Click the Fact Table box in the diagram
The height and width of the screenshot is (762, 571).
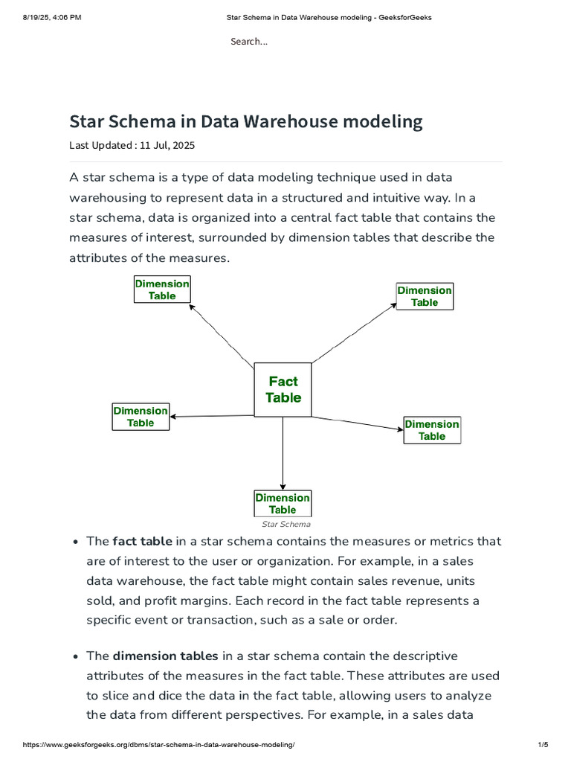pos(283,389)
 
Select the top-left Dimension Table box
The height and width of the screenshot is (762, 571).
pos(162,289)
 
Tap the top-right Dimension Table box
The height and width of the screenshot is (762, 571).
pos(425,296)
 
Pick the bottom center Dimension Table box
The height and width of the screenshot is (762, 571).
pos(283,504)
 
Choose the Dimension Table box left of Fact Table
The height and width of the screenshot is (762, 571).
pos(141,417)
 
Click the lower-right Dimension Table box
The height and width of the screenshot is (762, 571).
pos(432,430)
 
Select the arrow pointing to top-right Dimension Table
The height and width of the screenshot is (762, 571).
pos(354,333)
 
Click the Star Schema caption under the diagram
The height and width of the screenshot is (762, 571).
pos(286,524)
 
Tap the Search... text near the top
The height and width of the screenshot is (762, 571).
pos(249,42)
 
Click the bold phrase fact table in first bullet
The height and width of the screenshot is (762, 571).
pos(142,541)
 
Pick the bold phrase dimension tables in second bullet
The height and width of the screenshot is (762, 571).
pos(165,656)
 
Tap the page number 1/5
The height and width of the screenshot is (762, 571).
pos(542,745)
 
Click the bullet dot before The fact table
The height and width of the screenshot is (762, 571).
pos(76,542)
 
